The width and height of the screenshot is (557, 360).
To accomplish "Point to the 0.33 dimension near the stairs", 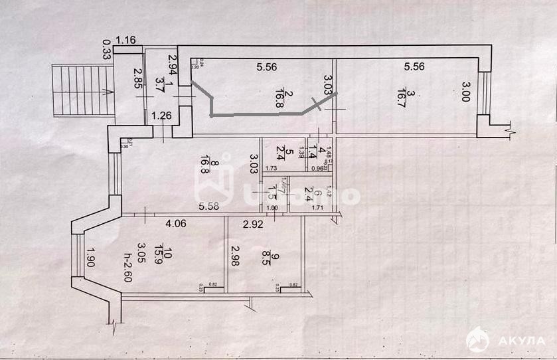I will click(x=106, y=49).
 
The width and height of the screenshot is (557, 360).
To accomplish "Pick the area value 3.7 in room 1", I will click(x=159, y=84).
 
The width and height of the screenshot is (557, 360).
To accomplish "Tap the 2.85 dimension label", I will click(x=138, y=79).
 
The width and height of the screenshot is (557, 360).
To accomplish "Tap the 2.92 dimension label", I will click(x=252, y=224).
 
